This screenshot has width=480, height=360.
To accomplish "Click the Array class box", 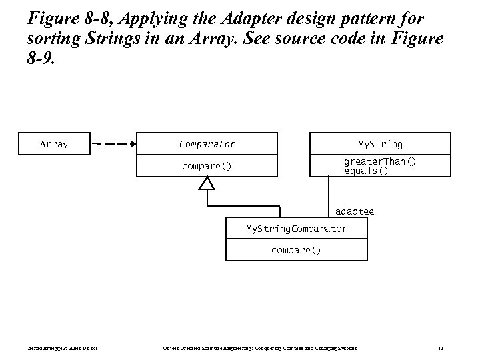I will (54, 144).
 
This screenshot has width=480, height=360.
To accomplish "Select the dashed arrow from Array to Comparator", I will (113, 144).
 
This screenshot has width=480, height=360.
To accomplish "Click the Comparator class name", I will (207, 144).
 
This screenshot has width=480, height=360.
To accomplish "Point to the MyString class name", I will (380, 144).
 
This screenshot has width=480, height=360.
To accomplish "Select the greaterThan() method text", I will (380, 162).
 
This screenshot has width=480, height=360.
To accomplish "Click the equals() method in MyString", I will (366, 171).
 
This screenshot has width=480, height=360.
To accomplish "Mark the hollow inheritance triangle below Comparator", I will (207, 183).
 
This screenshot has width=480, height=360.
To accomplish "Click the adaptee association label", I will (355, 211).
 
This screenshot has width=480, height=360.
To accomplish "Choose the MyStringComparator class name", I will (297, 229).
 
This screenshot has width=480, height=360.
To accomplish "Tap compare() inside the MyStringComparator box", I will (296, 250).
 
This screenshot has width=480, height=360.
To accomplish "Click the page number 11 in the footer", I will (441, 349).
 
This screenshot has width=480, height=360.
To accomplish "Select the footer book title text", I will (260, 349).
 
